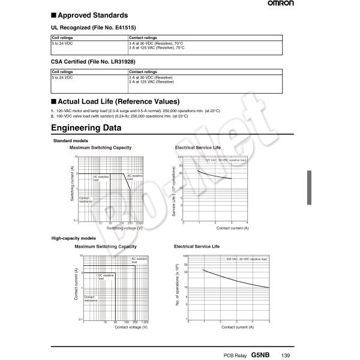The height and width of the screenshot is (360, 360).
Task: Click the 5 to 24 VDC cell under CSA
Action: tap(63, 77)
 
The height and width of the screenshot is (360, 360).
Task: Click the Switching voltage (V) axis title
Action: tap(124, 228)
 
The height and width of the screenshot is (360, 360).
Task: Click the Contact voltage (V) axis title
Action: tap(131, 327)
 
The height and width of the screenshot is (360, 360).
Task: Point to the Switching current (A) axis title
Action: tap(73, 188)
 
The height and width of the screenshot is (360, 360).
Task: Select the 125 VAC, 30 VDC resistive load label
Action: tap(226, 161)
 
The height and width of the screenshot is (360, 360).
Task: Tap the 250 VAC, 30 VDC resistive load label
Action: tap(247, 259)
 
